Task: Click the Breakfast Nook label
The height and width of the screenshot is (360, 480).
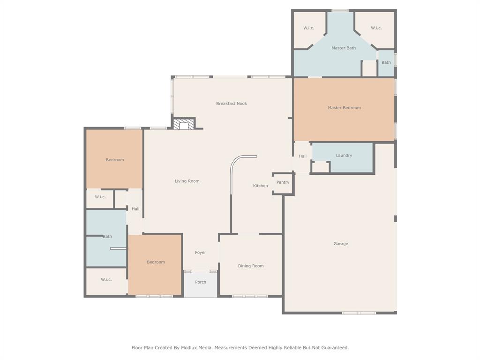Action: (232, 104)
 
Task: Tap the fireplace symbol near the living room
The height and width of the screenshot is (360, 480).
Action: (183, 124)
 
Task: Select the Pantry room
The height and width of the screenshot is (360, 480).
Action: (283, 182)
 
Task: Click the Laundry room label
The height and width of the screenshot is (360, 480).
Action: (344, 156)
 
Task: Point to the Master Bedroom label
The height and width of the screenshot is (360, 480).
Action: (344, 108)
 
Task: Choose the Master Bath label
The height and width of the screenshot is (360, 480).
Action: (344, 48)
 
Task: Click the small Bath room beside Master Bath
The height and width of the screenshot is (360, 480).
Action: (386, 63)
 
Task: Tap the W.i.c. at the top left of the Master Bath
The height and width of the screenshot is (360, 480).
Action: (308, 28)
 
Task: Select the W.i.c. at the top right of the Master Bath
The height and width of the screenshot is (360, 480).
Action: (376, 28)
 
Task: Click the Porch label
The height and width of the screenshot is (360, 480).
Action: (201, 282)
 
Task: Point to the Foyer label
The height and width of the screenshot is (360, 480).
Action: (201, 253)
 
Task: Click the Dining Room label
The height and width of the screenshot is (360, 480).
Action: (251, 266)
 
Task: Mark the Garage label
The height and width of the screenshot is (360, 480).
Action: (341, 244)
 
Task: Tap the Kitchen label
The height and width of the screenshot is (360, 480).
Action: (261, 186)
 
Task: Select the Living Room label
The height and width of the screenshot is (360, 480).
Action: (187, 181)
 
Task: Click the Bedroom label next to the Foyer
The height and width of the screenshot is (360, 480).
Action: (156, 262)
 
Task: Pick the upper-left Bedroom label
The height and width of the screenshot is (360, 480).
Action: (115, 160)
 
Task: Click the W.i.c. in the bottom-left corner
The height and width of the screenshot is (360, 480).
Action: (106, 280)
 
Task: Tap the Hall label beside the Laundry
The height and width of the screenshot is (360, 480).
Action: (303, 157)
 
